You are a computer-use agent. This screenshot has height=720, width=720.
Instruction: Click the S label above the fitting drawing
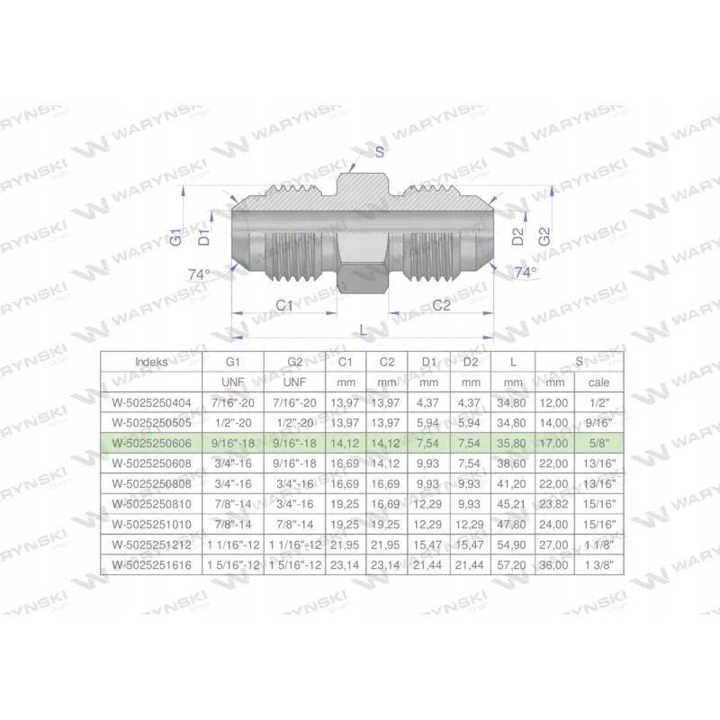pyautogui.click(x=379, y=152)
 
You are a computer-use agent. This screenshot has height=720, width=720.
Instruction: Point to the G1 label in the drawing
pyautogui.click(x=176, y=238)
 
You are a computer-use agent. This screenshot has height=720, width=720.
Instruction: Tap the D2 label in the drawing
pyautogui.click(x=517, y=237)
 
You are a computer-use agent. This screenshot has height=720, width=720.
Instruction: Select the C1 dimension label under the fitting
pyautogui.click(x=285, y=305)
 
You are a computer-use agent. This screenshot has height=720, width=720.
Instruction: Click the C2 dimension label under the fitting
pyautogui.click(x=441, y=305)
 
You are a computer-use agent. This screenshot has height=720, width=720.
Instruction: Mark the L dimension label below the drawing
pyautogui.click(x=363, y=330)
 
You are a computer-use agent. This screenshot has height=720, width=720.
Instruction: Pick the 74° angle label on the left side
pyautogui.click(x=198, y=273)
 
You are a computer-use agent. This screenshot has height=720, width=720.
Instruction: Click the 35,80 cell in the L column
pyautogui.click(x=512, y=444)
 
